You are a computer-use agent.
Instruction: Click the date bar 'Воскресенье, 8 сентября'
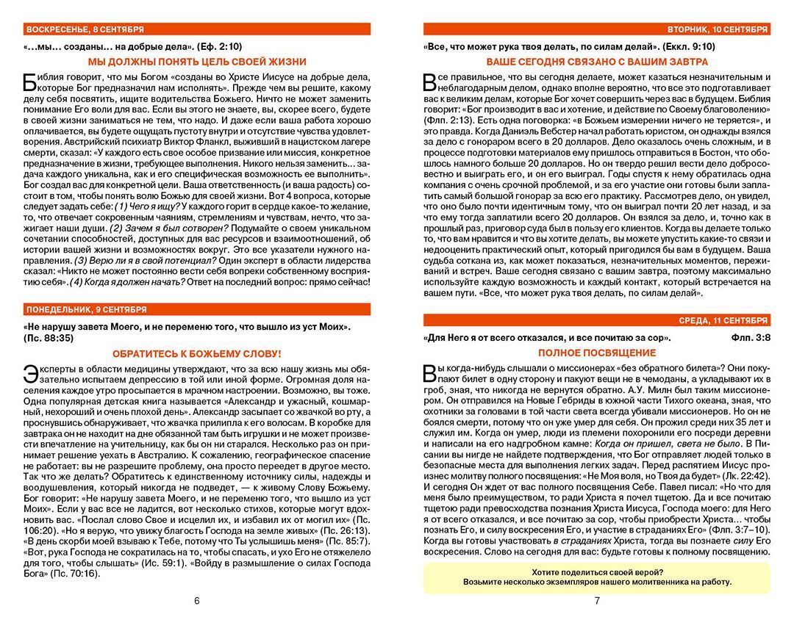pos(85,29)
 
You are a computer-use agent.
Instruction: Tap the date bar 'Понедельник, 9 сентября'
pos(86,309)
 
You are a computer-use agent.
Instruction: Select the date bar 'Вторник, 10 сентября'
pos(718,29)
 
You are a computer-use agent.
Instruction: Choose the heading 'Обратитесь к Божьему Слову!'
pos(197,353)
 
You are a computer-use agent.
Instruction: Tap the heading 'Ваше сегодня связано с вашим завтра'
pos(597,62)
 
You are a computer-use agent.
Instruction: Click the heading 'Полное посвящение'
pos(597,353)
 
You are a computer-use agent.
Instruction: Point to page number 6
pos(197,601)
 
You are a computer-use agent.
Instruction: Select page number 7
pos(597,601)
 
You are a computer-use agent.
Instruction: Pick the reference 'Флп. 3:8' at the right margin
pos(751,338)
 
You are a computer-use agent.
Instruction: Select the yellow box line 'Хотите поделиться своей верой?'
pos(597,571)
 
